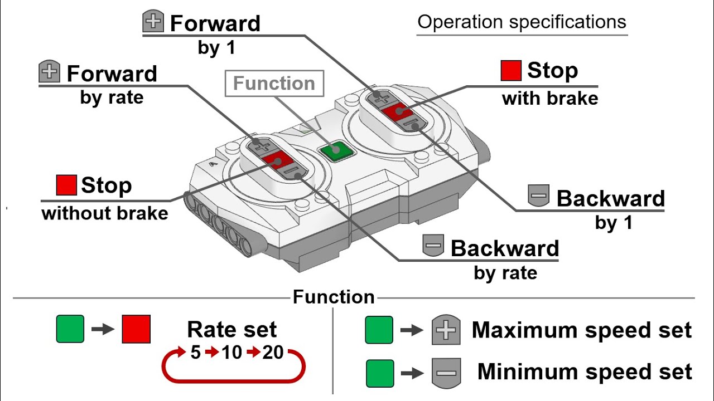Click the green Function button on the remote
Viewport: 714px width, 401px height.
pyautogui.click(x=337, y=151)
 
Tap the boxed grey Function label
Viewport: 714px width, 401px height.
pyautogui.click(x=274, y=84)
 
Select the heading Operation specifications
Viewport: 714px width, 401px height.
pyautogui.click(x=522, y=22)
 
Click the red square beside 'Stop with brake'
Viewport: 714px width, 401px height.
pyautogui.click(x=511, y=70)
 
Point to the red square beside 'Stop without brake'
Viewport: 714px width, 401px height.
pyautogui.click(x=66, y=185)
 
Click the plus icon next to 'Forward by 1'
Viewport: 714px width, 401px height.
pyautogui.click(x=153, y=21)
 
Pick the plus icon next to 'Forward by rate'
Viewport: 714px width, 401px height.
pyautogui.click(x=50, y=71)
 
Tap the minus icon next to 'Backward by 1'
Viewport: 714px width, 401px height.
pyautogui.click(x=539, y=195)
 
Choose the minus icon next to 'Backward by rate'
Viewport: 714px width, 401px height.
pyautogui.click(x=433, y=246)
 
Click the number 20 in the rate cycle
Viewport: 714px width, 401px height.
pyautogui.click(x=273, y=353)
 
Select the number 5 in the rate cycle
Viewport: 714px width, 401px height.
pyautogui.click(x=195, y=353)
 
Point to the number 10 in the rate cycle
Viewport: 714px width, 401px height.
pyautogui.click(x=231, y=353)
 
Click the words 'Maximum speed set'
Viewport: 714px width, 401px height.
pyautogui.click(x=582, y=330)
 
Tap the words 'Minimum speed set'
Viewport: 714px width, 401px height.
pyautogui.click(x=585, y=371)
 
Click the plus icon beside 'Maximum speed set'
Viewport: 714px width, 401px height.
pyautogui.click(x=446, y=330)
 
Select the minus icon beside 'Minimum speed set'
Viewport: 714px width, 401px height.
pyautogui.click(x=446, y=373)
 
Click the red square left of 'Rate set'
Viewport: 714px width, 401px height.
pyautogui.click(x=136, y=329)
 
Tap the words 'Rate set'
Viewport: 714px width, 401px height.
pyautogui.click(x=231, y=329)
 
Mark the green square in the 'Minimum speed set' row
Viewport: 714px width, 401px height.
pyautogui.click(x=380, y=373)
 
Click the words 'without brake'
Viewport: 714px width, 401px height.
pyautogui.click(x=105, y=213)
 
